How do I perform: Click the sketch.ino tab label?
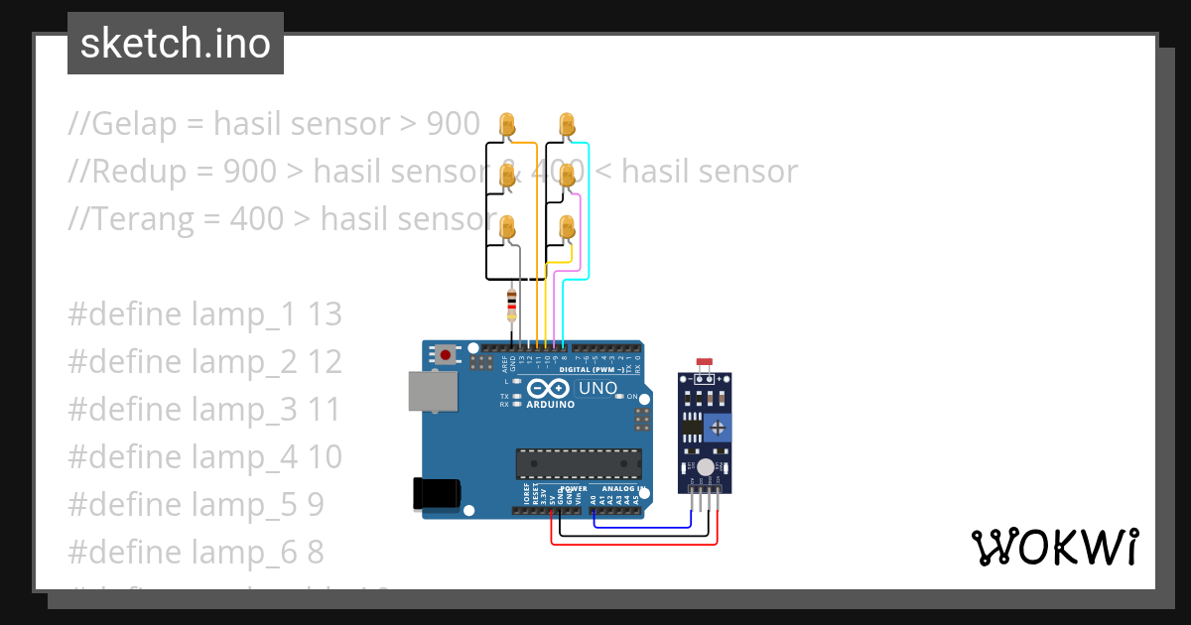tap(175, 44)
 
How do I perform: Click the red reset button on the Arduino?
tap(446, 354)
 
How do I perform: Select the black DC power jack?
tap(437, 493)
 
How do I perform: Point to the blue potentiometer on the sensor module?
tap(717, 427)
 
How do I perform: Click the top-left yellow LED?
tap(507, 125)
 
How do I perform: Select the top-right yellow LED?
tap(567, 125)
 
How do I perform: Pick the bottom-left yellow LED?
tap(507, 227)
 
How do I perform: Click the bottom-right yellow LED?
tap(567, 227)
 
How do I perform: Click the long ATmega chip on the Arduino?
tap(578, 462)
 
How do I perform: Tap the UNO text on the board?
tap(597, 388)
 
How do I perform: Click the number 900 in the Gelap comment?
tap(453, 124)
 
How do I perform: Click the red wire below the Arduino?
tap(635, 545)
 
